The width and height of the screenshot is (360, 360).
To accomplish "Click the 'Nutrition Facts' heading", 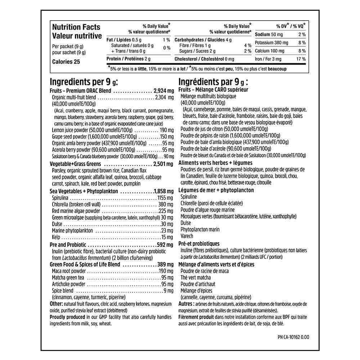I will click(x=76, y=27).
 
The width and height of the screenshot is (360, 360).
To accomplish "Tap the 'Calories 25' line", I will click(x=66, y=62).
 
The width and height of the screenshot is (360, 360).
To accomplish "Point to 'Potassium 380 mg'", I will click(x=272, y=42).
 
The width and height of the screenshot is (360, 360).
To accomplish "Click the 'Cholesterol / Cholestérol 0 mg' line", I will click(x=204, y=59).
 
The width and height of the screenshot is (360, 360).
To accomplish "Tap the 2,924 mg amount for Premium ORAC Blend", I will click(x=163, y=91).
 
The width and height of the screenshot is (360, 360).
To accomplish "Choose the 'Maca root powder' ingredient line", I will click(x=69, y=271).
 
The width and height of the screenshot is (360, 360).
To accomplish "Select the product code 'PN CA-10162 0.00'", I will click(x=294, y=337).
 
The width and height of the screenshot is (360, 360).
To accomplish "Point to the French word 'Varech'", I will click(x=187, y=236).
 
